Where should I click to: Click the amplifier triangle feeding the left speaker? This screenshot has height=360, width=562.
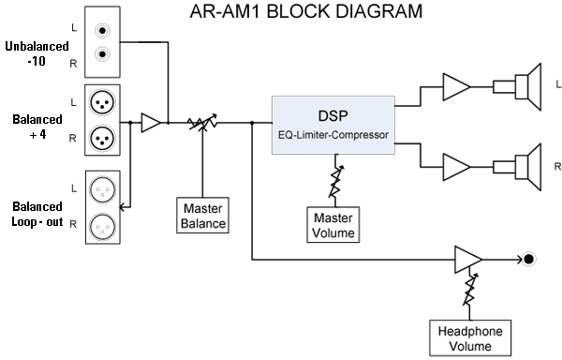456,86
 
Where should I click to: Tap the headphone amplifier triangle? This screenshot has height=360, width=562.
466,259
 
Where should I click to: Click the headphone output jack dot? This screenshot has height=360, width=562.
529,259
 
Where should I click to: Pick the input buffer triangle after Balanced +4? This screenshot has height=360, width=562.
149,122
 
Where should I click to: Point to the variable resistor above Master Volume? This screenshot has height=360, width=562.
334,176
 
